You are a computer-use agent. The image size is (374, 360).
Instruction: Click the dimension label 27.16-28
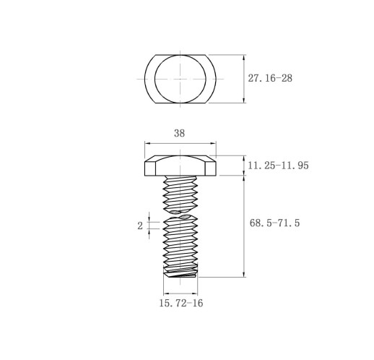pos(270,78)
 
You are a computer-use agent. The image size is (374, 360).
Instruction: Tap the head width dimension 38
pos(179,133)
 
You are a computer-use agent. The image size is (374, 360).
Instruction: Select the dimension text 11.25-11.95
pos(278,166)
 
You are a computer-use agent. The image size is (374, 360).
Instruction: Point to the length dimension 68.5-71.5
pos(274,223)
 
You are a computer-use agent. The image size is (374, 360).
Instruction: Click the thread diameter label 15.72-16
pos(181,303)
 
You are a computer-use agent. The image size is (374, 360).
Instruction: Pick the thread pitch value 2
pos(140,226)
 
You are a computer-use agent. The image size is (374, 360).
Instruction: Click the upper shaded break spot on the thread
pos(175,212)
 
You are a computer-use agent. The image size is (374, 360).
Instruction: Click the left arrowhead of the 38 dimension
pos(147,143)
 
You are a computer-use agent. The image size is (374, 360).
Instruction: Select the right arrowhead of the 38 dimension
pos(213,143)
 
